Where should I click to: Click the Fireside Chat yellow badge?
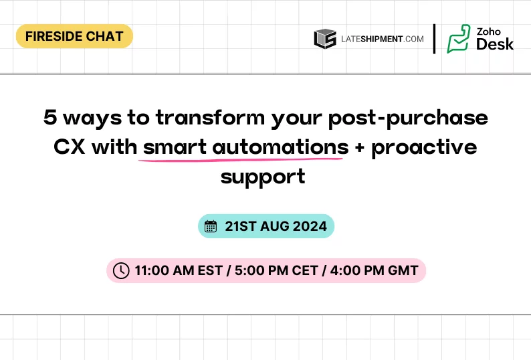pos(74,36)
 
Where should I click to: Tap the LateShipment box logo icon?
pos(325,39)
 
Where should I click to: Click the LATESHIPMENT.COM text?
pos(382,39)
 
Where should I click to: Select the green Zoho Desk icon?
pos(459,39)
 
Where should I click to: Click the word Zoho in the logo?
pos(489,31)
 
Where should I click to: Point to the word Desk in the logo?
pos(495,45)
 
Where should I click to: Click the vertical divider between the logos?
pos(435,39)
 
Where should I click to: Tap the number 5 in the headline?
pos(50,118)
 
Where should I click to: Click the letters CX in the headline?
pos(70,147)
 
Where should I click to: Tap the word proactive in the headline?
pos(424,147)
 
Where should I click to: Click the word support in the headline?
pos(263,177)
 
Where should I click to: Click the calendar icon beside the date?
pos(211,226)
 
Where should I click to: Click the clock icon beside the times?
pos(121,270)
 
